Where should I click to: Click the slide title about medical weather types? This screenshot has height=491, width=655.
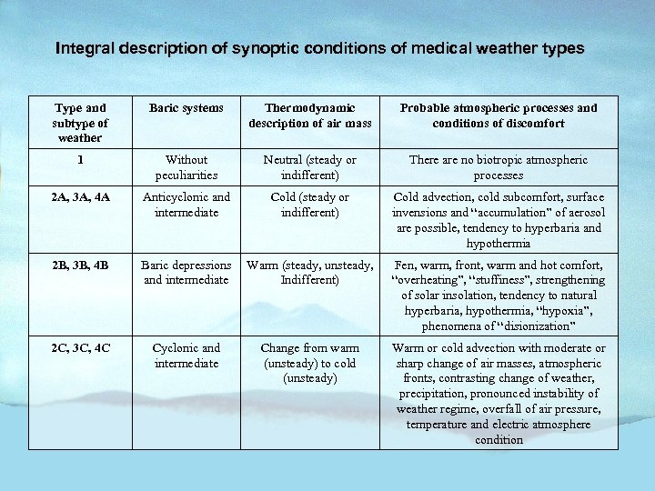pos(319,47)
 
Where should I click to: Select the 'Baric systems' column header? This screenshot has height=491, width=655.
pos(186,108)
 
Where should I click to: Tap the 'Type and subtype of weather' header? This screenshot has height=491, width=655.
pos(81,123)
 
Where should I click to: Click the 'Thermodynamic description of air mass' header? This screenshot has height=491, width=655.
pos(309,115)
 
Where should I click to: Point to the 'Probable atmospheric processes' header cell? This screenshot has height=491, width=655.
pos(499,115)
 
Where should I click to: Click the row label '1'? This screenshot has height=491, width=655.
pos(81,160)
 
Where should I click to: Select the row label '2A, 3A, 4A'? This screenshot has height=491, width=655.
pos(81,197)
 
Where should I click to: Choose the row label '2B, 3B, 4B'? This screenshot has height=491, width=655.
pos(81,266)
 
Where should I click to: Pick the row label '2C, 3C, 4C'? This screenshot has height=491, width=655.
pos(81,348)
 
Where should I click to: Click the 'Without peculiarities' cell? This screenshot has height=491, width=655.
pos(186,167)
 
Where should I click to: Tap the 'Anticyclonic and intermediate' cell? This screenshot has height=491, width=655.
pos(186,205)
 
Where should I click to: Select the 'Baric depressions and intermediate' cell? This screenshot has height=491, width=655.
pos(186,273)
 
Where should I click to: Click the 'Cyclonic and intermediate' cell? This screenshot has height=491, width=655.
pos(186,356)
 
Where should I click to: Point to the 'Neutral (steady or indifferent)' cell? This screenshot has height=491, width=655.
pos(309,167)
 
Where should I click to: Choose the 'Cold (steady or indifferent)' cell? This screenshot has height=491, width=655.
pos(309,205)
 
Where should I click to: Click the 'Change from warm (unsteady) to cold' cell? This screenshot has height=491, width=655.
pos(309,363)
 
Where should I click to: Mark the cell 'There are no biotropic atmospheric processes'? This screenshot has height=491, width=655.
pos(499,167)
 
